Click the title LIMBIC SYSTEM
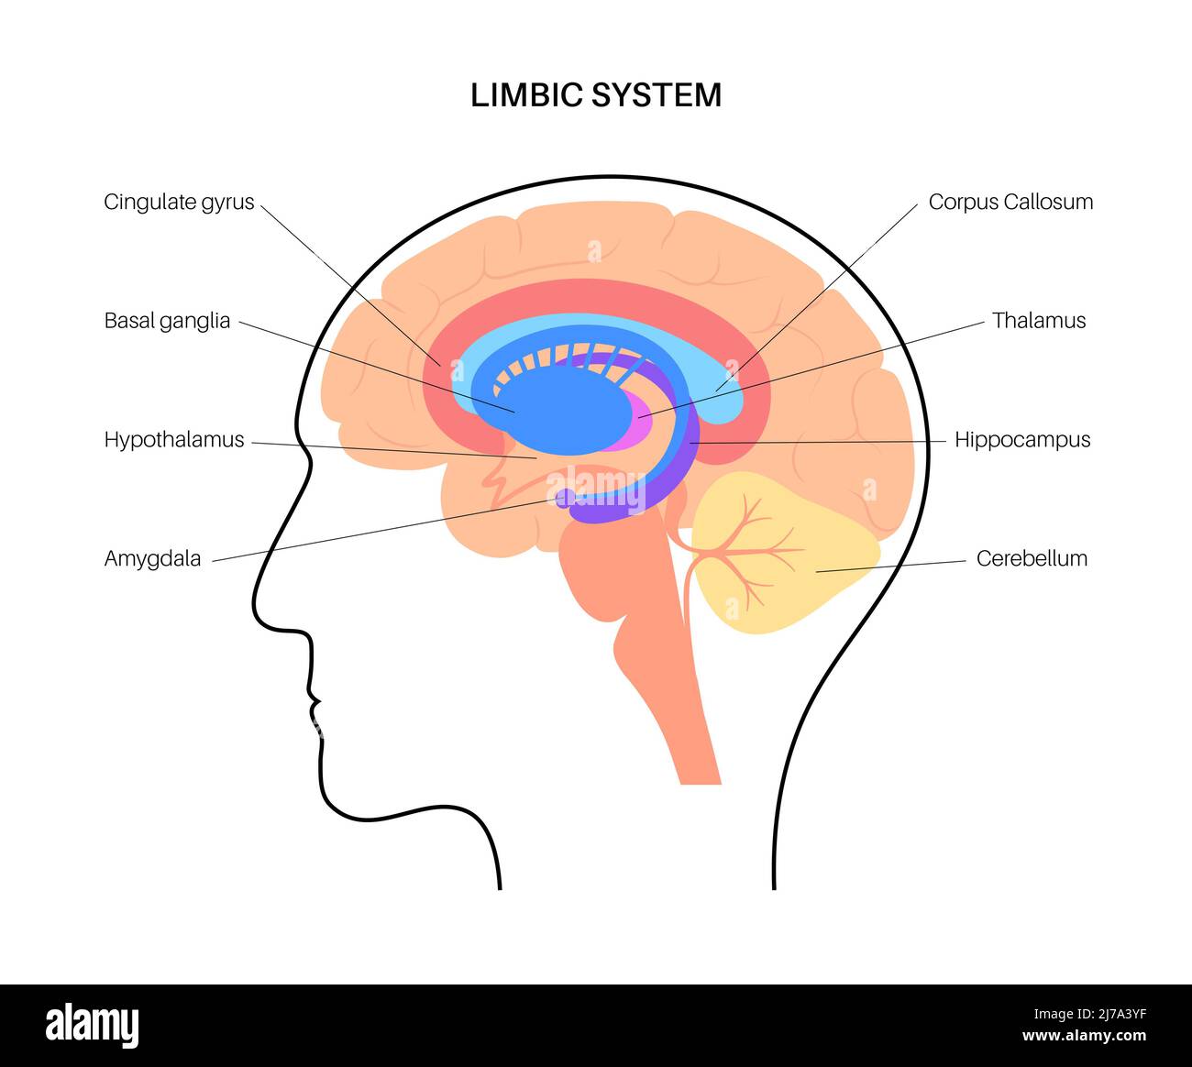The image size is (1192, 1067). click(596, 95)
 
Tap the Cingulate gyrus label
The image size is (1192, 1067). click(179, 202)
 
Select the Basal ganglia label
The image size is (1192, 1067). click(167, 321)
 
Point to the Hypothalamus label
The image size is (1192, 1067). click(174, 440)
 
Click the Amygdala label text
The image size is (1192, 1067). click(152, 558)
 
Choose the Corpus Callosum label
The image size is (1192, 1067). click(1010, 202)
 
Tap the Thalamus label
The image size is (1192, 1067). click(1039, 321)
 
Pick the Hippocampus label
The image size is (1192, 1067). click(1022, 440)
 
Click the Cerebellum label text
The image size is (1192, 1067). click(1032, 558)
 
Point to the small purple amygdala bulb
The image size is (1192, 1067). click(567, 498)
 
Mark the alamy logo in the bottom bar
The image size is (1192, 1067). click(92, 1025)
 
